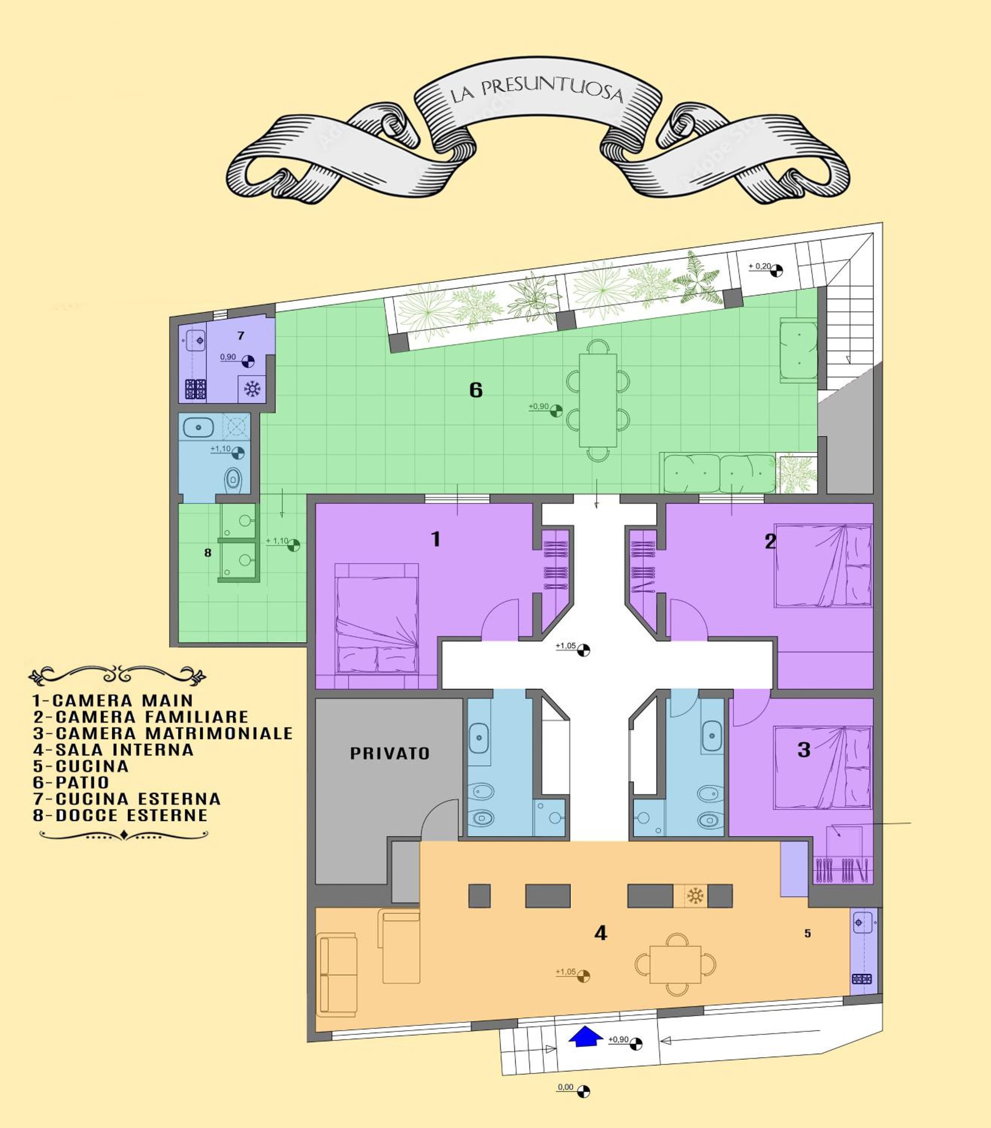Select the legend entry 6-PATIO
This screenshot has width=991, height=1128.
tap(71, 782)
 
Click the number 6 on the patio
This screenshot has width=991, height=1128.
tap(476, 390)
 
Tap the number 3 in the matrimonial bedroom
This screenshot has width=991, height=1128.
tap(804, 749)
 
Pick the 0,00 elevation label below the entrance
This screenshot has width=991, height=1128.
tap(565, 1087)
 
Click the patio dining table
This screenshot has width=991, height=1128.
tap(598, 400)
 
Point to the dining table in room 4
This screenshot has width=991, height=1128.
tap(675, 965)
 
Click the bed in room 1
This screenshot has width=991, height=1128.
tap(377, 618)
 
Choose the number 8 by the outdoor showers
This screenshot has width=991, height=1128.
tap(208, 552)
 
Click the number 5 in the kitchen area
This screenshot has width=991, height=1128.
tap(807, 934)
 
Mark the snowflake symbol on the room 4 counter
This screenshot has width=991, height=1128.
tap(695, 896)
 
